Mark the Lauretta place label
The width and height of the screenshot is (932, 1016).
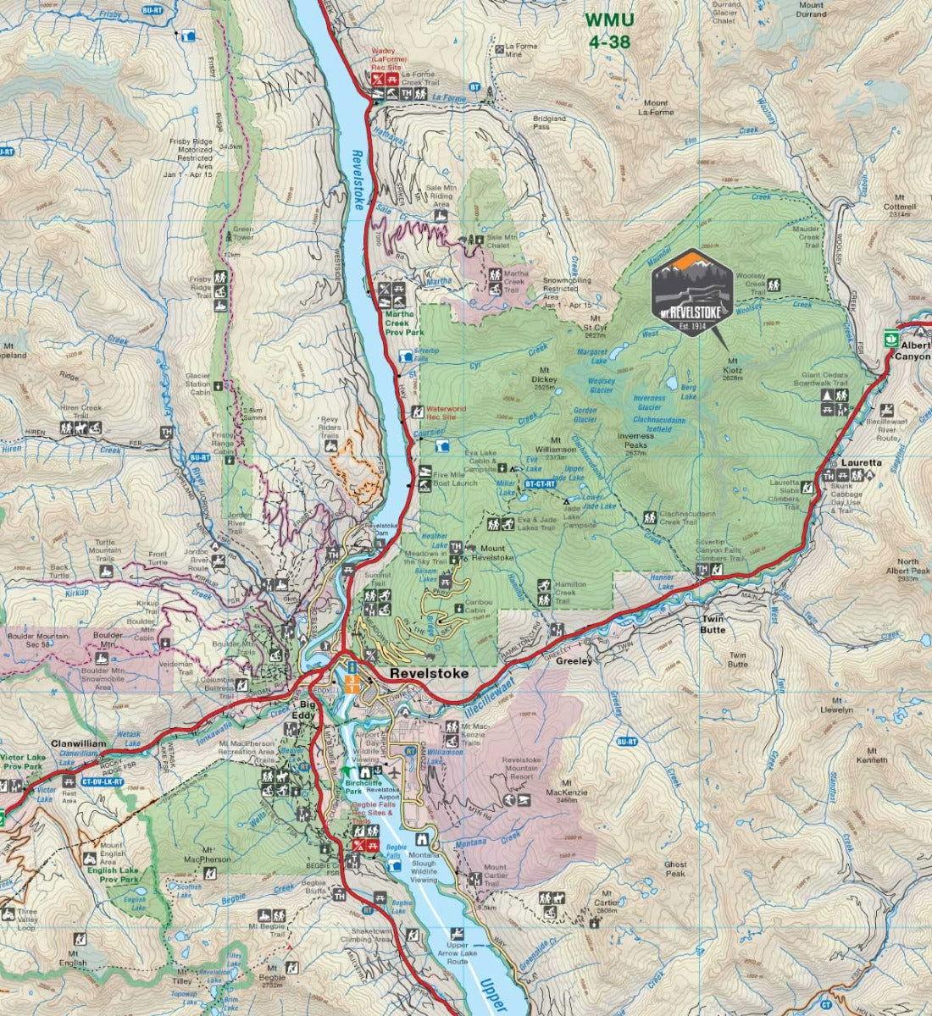862,464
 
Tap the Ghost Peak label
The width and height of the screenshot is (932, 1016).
675,870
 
